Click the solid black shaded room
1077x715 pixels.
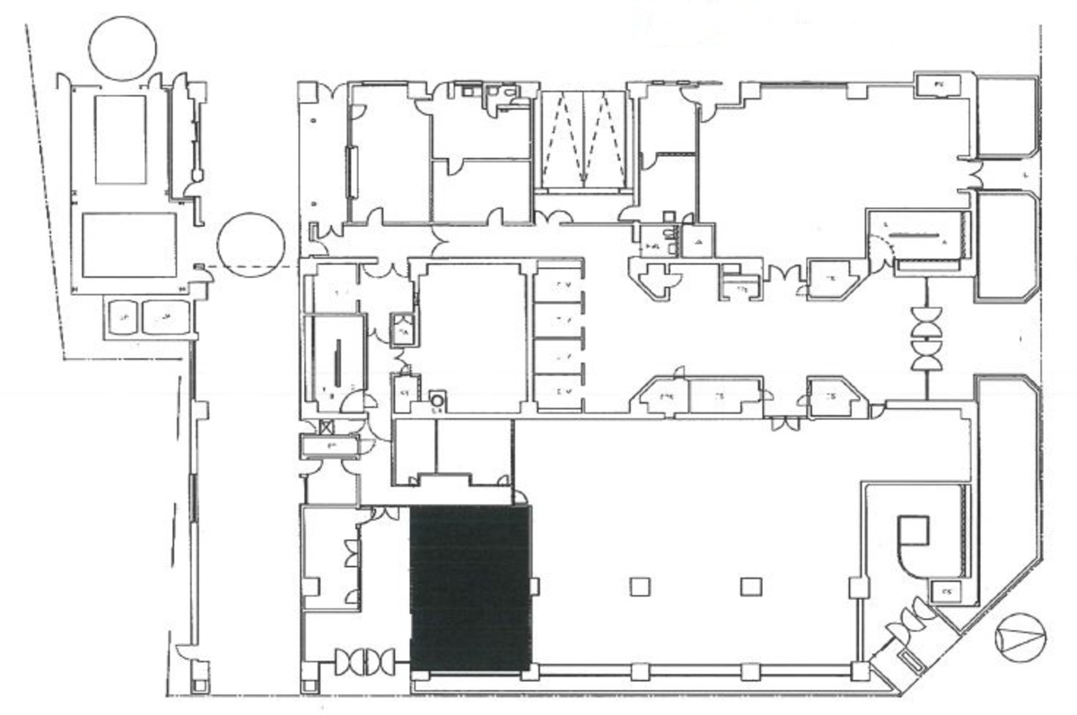point(470,588)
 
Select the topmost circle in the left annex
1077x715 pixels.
point(123,48)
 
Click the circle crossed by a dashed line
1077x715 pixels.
point(251,245)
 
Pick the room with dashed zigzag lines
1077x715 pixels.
point(582,140)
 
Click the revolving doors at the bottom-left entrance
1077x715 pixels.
point(364,663)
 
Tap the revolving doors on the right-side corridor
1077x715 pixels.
point(925,337)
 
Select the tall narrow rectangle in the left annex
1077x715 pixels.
point(120,139)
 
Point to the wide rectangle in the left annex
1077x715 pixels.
point(129,245)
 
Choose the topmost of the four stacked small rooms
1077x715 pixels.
point(558,285)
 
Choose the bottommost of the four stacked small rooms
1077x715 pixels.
point(558,391)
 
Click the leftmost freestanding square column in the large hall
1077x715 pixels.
point(639,587)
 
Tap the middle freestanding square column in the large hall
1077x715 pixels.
point(750,587)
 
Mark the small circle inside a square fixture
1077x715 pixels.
point(437,398)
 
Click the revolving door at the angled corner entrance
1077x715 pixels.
point(908,619)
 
